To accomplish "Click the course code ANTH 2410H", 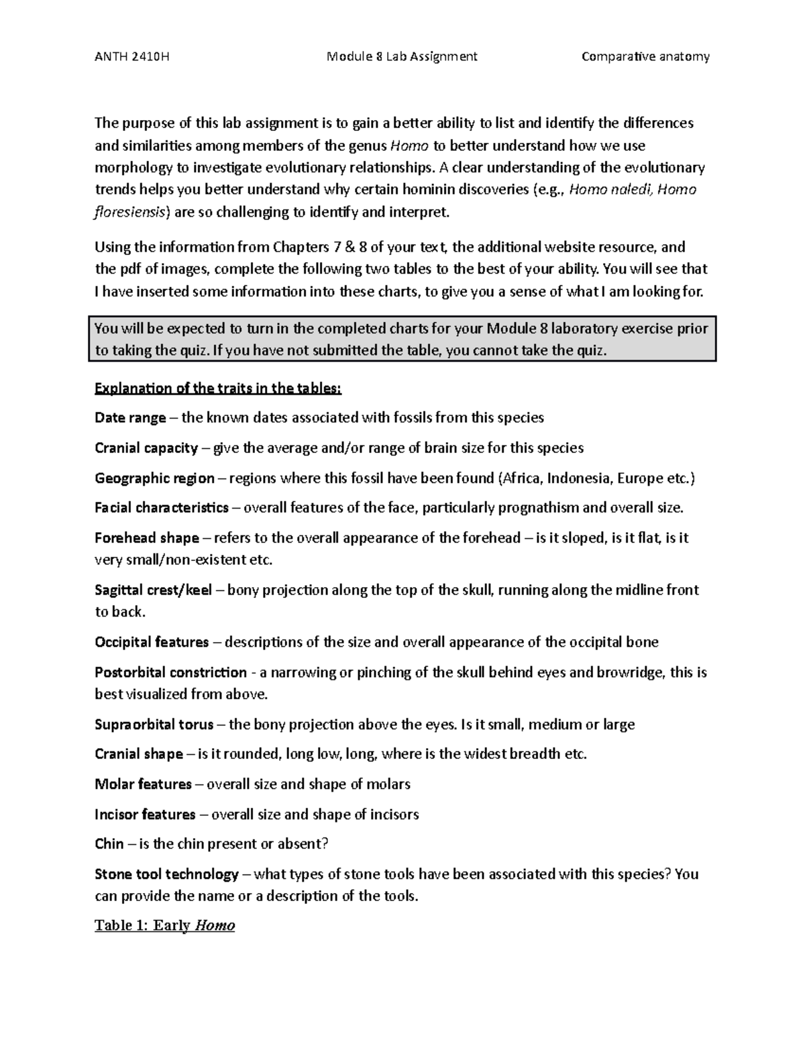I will (132, 56).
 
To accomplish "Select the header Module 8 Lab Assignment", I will (402, 56).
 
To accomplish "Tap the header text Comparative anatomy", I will (645, 56).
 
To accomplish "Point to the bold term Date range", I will (130, 418).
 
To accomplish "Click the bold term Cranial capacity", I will (146, 448).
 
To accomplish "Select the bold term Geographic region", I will (154, 478).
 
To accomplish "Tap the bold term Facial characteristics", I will (162, 508).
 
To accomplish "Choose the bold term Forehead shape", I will (147, 538).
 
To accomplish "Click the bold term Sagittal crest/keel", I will (154, 590).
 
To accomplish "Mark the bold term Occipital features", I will (152, 643).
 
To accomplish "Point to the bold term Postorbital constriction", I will (170, 672).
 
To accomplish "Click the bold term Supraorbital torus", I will (154, 725).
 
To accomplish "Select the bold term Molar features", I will (144, 784).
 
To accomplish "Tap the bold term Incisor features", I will (145, 815).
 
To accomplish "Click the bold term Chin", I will (109, 844).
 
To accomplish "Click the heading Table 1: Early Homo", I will (165, 926).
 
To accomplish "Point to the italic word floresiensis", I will (132, 213).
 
